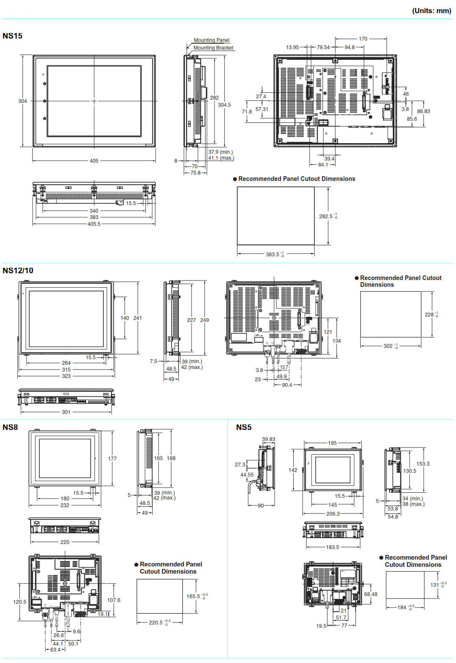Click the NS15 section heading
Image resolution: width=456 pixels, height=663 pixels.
coord(12,36)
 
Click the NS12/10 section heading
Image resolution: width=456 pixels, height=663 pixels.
coord(18,271)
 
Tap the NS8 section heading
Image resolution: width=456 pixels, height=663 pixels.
coord(10,427)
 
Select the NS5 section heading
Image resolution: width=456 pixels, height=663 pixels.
coord(244,427)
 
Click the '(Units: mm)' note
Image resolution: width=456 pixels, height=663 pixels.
coord(431,11)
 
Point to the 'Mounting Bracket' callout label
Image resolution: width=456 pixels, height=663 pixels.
coord(213,48)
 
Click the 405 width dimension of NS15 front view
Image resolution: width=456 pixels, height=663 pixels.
coord(94,161)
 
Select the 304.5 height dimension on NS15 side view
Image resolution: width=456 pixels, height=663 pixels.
coord(224,105)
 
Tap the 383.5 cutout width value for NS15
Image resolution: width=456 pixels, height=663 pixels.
coord(272,255)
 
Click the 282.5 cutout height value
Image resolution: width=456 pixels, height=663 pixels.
coord(325,216)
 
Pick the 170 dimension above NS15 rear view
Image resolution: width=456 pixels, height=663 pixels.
coord(363,39)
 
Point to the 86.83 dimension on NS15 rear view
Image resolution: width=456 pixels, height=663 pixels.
coord(423,111)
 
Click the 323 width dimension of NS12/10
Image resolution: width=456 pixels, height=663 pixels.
coord(67,376)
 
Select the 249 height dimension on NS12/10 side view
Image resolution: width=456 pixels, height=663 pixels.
coord(205,320)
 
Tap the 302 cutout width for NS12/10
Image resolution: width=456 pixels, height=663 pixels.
coord(388,346)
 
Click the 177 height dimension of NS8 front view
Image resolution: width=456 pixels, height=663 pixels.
coord(112,459)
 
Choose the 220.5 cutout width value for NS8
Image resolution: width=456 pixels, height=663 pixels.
coord(156,623)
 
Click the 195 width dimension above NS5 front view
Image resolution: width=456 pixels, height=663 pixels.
coord(332,443)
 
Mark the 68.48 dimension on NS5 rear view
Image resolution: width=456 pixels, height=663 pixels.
coord(370,594)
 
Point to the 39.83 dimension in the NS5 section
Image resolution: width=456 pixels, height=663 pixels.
coord(269,439)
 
